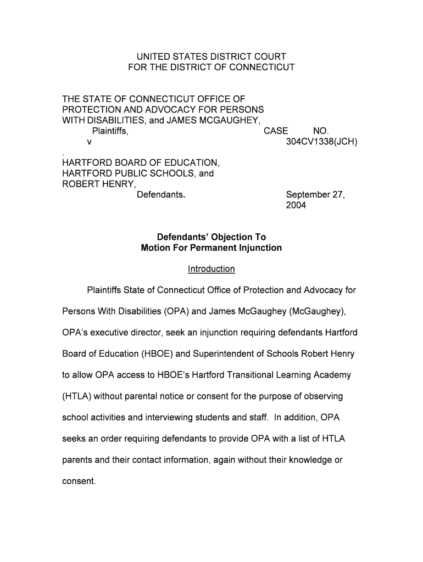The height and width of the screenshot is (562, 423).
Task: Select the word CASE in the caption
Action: click(x=276, y=131)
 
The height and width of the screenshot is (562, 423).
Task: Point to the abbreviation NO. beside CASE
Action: click(x=321, y=131)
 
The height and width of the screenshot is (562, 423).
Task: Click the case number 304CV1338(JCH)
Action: click(x=322, y=142)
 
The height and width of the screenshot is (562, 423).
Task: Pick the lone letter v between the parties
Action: click(x=90, y=142)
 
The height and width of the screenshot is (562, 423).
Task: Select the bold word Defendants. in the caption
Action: click(x=161, y=195)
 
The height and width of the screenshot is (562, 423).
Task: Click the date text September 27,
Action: click(x=315, y=195)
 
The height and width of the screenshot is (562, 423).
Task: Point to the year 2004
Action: click(x=296, y=205)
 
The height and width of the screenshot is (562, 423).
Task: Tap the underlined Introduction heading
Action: click(x=211, y=269)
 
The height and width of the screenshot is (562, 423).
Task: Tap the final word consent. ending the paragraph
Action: click(x=79, y=481)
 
